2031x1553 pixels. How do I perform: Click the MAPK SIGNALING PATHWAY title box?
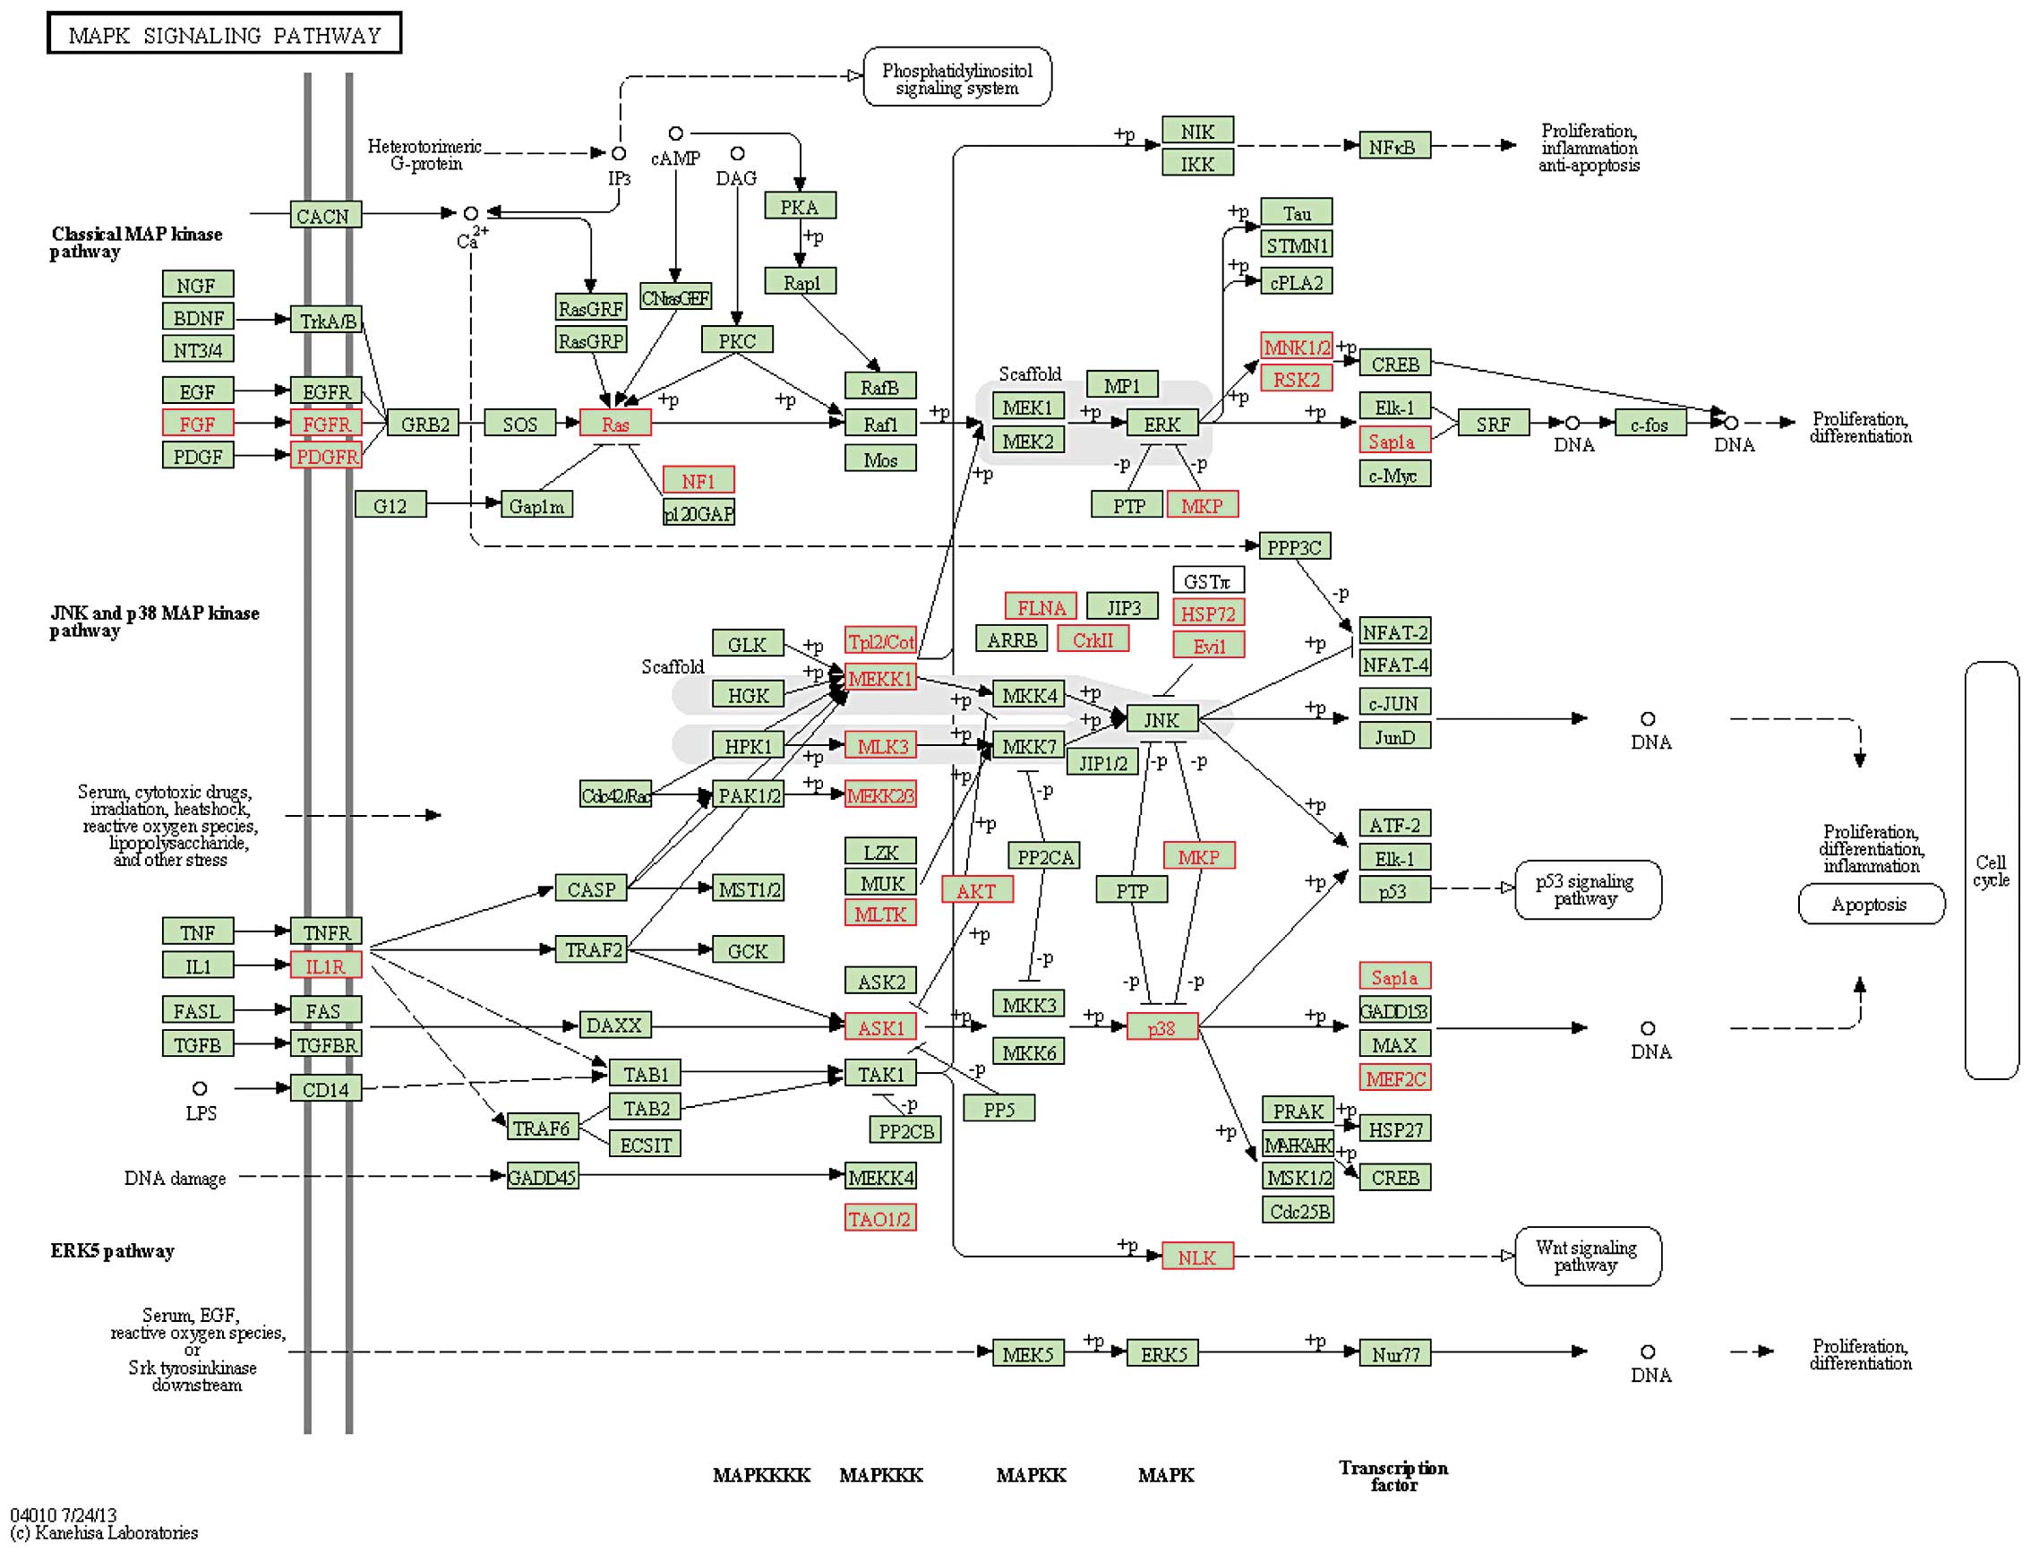point(224,33)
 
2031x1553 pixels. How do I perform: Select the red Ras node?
point(614,424)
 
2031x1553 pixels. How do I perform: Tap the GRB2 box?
point(424,424)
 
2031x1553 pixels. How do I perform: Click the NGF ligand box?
point(197,285)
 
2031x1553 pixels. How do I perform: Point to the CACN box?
point(323,215)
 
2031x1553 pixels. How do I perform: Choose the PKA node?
point(800,206)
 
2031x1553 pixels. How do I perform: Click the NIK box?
point(1196,132)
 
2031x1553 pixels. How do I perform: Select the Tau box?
point(1296,212)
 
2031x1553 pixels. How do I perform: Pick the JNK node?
point(1161,719)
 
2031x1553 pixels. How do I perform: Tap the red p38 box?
point(1161,1028)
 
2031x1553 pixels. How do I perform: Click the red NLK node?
point(1196,1257)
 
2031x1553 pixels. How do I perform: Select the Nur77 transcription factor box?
point(1394,1354)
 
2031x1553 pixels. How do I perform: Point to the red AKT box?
point(977,890)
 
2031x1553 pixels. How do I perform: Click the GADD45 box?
point(543,1177)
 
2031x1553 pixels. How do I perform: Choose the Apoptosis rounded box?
point(1870,904)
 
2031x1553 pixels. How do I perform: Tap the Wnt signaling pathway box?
point(1587,1257)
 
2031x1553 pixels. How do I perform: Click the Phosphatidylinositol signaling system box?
point(956,78)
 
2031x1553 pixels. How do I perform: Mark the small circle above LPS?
point(200,1088)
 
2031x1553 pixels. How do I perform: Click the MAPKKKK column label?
point(761,1475)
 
